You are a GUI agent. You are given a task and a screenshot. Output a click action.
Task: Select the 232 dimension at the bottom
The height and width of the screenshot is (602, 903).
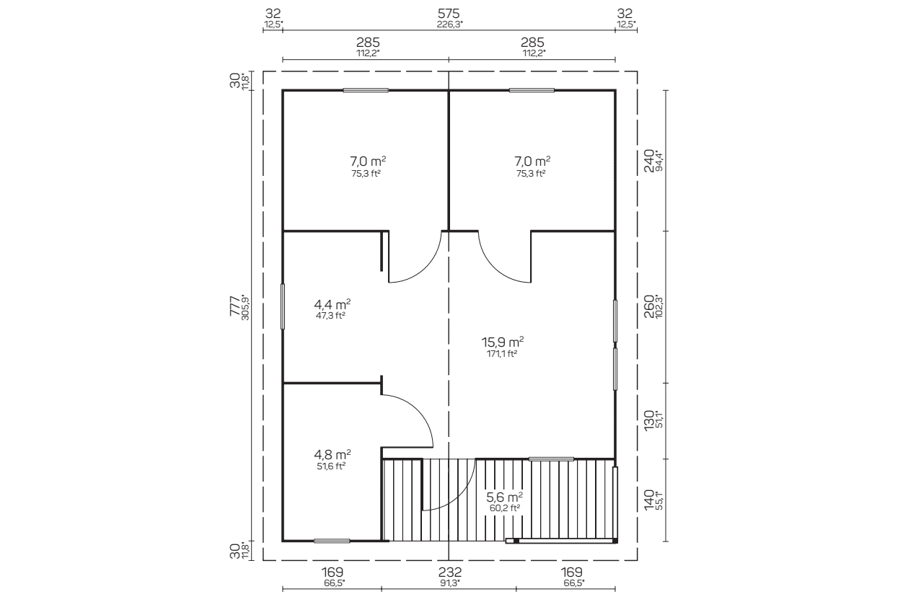click(x=450, y=572)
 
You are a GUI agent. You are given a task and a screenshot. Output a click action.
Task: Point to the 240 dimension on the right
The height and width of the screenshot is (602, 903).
click(x=648, y=160)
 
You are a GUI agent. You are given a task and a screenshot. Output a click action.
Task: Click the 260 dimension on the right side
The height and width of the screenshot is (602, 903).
click(x=648, y=306)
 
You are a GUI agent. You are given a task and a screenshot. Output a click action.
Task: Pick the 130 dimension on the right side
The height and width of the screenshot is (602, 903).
click(x=648, y=420)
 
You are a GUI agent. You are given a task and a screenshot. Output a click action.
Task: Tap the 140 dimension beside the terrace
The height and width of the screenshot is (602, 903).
click(x=648, y=500)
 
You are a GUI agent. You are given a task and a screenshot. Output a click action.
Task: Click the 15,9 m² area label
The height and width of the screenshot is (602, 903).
click(x=502, y=342)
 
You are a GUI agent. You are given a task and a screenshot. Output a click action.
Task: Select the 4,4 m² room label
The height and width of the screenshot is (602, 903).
click(x=332, y=303)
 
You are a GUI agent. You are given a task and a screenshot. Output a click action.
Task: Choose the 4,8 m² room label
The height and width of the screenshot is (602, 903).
click(x=332, y=454)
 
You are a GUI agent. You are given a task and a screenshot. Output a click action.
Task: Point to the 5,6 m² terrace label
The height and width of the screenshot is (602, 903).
click(x=505, y=497)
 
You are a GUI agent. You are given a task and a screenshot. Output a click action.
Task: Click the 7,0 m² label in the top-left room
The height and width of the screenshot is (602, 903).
click(x=368, y=161)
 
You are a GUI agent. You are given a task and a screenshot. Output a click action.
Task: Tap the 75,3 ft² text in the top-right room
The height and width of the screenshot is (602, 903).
click(x=531, y=174)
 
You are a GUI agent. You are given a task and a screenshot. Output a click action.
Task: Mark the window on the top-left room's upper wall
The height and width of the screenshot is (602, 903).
click(x=366, y=90)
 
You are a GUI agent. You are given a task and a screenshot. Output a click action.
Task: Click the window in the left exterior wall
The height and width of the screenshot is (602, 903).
click(x=283, y=306)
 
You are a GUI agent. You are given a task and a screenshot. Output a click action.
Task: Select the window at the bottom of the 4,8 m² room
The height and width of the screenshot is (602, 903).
click(x=332, y=541)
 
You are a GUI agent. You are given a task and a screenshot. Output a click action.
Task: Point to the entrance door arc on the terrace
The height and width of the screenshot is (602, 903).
click(x=462, y=498)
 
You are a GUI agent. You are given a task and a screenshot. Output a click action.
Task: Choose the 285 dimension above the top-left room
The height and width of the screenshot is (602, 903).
click(x=368, y=43)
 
